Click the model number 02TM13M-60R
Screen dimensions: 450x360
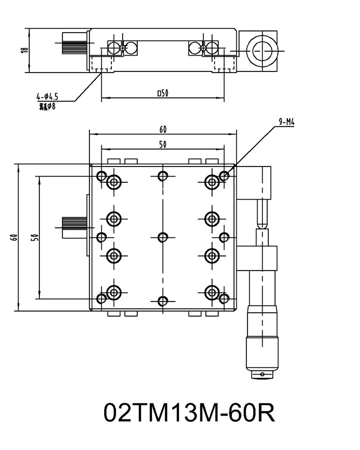[189, 413]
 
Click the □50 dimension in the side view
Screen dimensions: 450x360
[163, 93]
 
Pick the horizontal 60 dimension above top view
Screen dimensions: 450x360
[163, 130]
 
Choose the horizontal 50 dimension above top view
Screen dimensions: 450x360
[163, 145]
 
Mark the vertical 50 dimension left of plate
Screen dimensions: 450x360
[34, 237]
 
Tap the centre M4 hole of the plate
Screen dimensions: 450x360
[163, 237]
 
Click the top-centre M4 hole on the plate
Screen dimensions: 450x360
[163, 176]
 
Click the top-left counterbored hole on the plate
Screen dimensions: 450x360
[114, 182]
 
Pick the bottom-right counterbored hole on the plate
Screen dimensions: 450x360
[212, 292]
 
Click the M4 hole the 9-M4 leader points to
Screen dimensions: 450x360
[224, 176]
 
